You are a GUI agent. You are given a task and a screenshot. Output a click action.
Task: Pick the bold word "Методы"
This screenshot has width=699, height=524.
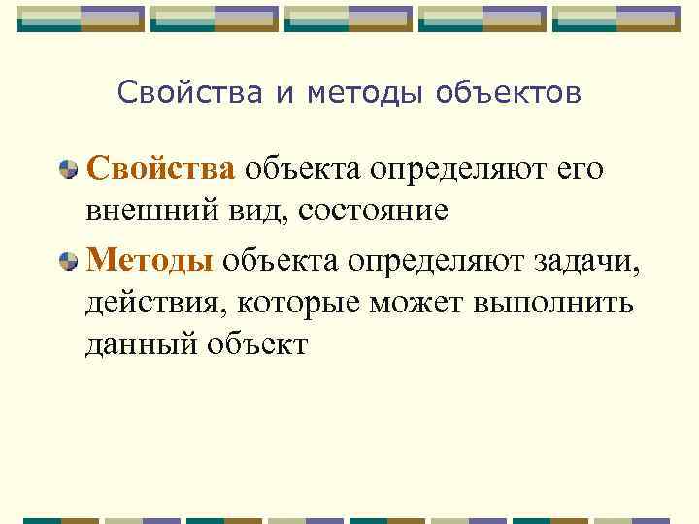150,259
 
